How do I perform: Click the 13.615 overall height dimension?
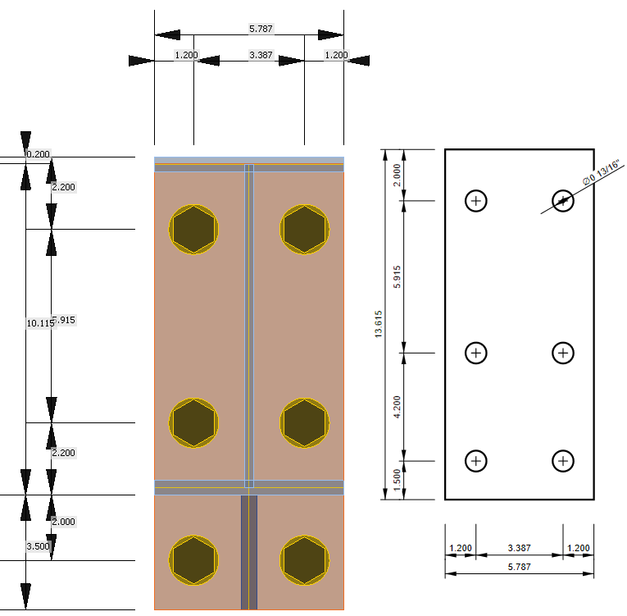(x=378, y=324)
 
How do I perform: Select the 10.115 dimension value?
(x=39, y=323)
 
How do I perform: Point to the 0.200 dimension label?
(x=38, y=154)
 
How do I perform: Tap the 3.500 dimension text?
(x=38, y=545)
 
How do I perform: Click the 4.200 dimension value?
(x=398, y=407)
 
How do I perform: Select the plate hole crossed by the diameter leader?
(x=562, y=200)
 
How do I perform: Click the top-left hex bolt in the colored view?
(x=194, y=229)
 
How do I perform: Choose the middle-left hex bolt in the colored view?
(x=194, y=423)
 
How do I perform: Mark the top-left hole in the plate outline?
(x=476, y=200)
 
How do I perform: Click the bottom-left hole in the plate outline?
(x=476, y=461)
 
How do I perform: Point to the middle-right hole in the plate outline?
(x=562, y=353)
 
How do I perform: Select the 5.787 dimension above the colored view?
(x=261, y=29)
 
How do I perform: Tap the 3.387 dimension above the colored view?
(x=261, y=55)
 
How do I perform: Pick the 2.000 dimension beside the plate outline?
(x=398, y=175)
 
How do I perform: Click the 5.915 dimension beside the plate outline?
(x=398, y=276)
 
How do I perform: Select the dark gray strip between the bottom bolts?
(x=249, y=551)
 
